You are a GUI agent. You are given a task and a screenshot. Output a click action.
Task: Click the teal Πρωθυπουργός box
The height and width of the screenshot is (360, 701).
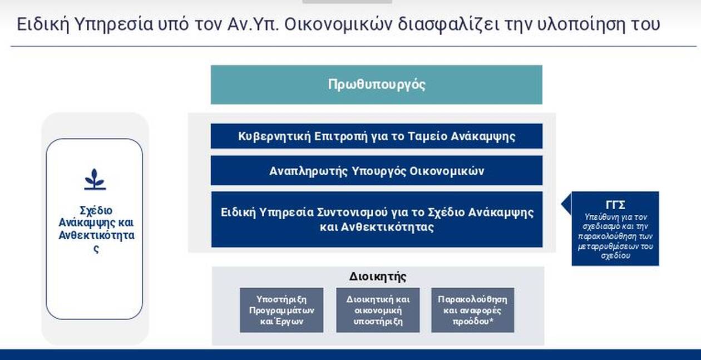tap(377, 85)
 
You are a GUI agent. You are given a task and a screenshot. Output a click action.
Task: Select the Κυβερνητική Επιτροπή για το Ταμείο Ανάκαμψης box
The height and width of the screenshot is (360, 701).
tap(377, 136)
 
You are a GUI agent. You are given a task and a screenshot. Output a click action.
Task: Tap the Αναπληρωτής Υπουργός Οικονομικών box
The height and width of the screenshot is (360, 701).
tap(377, 171)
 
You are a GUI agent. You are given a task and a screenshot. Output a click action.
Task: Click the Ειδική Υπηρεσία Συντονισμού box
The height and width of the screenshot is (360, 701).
tap(377, 219)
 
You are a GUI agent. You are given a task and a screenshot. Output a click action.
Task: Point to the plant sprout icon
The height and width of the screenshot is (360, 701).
tap(95, 179)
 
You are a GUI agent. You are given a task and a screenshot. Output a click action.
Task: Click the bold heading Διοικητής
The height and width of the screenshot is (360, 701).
tap(378, 277)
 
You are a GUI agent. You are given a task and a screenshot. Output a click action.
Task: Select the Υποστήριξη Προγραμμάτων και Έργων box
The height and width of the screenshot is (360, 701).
tap(282, 310)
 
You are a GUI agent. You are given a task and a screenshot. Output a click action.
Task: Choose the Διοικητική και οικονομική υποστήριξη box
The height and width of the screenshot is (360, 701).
tap(378, 310)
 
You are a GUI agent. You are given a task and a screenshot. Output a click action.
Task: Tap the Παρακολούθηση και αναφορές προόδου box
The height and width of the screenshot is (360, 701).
tap(472, 310)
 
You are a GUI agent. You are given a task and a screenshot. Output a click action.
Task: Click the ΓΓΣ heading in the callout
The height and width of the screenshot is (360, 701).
tap(615, 205)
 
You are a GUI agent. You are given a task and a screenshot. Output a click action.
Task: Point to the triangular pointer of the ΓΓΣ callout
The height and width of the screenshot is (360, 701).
tap(566, 204)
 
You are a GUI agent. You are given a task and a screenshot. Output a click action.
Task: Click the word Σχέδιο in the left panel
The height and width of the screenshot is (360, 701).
tap(96, 210)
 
